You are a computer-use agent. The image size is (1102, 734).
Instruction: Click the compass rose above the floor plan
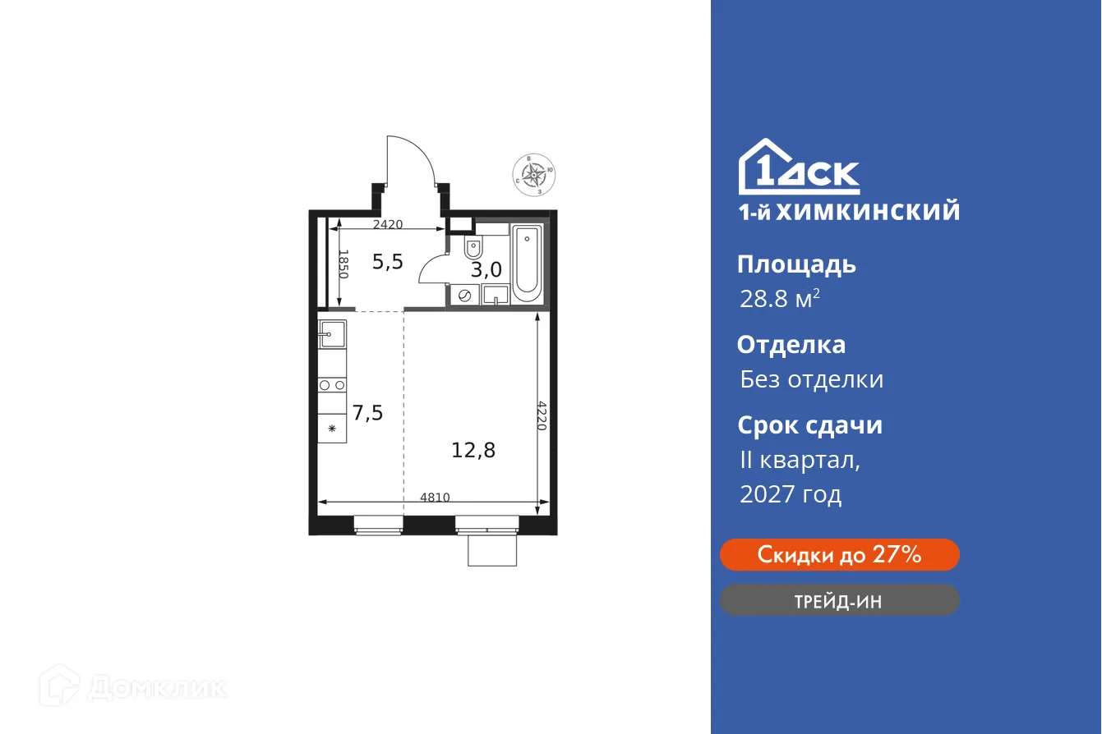[x=535, y=175]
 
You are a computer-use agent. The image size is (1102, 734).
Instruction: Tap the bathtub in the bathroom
[x=527, y=262]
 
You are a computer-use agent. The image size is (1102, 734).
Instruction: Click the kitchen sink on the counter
[x=332, y=332]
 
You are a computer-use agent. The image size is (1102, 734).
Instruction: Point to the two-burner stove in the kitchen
[x=332, y=384]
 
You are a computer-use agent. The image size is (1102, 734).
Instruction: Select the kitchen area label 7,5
[x=367, y=412]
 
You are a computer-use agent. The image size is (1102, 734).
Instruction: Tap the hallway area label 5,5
[x=388, y=262]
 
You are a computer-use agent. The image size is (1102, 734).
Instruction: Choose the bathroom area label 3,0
[x=486, y=269]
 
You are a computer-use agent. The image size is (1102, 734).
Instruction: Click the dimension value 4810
[x=435, y=496]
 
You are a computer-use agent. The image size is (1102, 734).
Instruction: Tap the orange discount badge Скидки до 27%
[x=839, y=555]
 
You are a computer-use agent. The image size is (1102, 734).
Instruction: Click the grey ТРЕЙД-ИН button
[x=839, y=601]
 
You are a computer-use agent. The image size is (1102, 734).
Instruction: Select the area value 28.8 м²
[x=779, y=299]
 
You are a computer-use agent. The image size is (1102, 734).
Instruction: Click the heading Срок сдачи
[x=809, y=425]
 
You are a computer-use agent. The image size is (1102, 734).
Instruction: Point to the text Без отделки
[x=811, y=379]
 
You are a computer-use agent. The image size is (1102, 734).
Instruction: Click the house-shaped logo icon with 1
[x=768, y=167]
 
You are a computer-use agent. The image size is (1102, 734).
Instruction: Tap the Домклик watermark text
[x=156, y=687]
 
